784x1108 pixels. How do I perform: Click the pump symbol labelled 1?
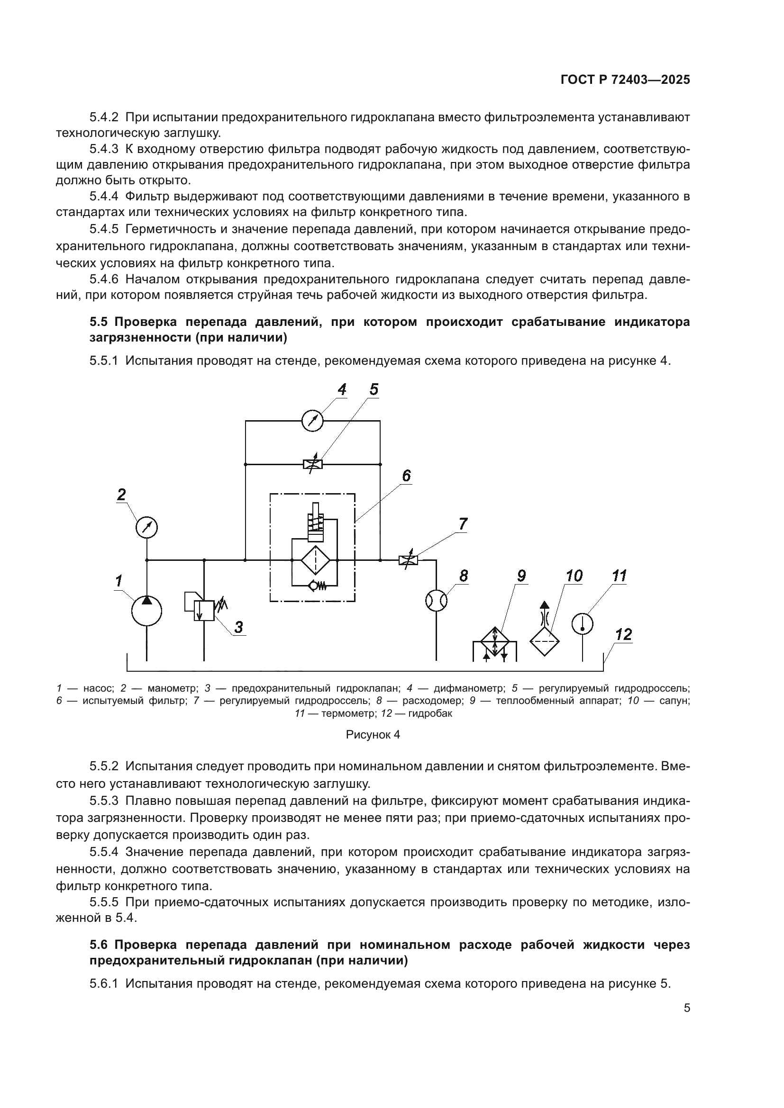147,611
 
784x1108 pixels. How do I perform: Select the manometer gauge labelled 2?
147,527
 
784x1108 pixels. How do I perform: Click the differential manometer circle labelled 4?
312,421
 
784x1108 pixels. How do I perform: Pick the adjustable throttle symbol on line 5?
312,464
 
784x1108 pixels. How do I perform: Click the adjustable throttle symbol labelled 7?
409,560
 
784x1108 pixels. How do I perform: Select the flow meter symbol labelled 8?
437,601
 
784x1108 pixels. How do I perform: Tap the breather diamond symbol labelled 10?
545,641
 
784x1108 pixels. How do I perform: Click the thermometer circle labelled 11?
583,623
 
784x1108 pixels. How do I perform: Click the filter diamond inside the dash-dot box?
315,560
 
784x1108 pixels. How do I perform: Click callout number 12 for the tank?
624,634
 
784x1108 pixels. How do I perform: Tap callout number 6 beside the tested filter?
407,476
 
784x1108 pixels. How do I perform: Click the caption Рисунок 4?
373,735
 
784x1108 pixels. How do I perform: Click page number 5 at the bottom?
686,1008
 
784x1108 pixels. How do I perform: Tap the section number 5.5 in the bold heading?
100,322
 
